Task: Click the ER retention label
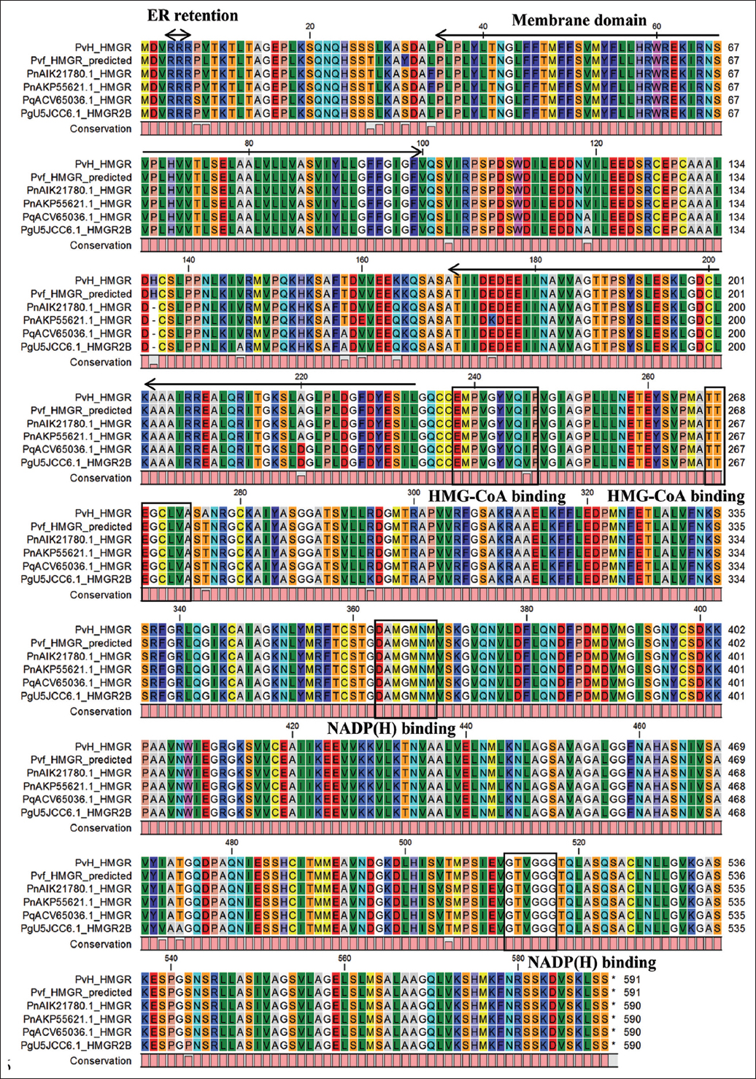coord(193,16)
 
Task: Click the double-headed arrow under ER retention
coord(177,34)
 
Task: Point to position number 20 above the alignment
coord(310,26)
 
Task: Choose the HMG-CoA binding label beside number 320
coord(676,496)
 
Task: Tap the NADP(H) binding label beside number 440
coord(391,728)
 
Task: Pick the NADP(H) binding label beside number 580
coord(591,962)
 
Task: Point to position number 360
coord(353,609)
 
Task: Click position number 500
coord(406,842)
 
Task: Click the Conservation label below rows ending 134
coord(101,245)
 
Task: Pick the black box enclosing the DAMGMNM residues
coord(405,668)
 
